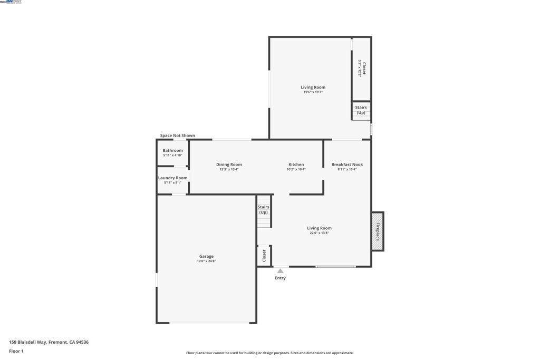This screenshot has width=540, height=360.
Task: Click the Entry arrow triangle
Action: pyautogui.click(x=281, y=271)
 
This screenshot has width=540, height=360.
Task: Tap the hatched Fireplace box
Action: pyautogui.click(x=378, y=231)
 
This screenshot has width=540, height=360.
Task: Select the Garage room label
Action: pyautogui.click(x=206, y=256)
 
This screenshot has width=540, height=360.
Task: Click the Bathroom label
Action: pyautogui.click(x=172, y=150)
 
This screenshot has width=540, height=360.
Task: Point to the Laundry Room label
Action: pyautogui.click(x=172, y=178)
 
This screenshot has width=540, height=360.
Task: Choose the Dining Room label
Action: pyautogui.click(x=229, y=164)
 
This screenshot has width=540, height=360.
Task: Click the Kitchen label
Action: pyautogui.click(x=296, y=164)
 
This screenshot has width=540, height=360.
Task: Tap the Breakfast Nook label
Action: pyautogui.click(x=347, y=164)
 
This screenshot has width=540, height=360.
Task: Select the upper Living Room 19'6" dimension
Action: pyautogui.click(x=313, y=92)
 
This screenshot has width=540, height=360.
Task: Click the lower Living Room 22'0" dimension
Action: pyautogui.click(x=319, y=233)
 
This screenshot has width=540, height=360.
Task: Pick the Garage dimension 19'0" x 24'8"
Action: pyautogui.click(x=206, y=261)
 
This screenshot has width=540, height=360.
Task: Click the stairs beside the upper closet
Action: pyautogui.click(x=361, y=110)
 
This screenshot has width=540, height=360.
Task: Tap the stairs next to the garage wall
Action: pyautogui.click(x=264, y=211)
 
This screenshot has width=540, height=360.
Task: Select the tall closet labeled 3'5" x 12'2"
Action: pyautogui.click(x=362, y=69)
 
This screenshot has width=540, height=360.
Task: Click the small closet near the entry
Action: pyautogui.click(x=264, y=256)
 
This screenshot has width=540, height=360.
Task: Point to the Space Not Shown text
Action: pyautogui.click(x=177, y=135)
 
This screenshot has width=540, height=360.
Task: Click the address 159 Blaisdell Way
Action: pyautogui.click(x=49, y=342)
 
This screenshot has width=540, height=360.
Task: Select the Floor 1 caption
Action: pyautogui.click(x=16, y=351)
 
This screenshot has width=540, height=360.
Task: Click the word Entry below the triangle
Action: pyautogui.click(x=281, y=278)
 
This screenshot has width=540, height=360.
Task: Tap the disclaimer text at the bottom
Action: pyautogui.click(x=269, y=353)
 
